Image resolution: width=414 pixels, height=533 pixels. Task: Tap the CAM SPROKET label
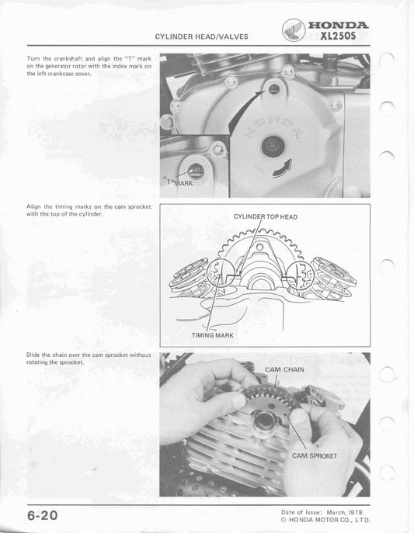(x=314, y=455)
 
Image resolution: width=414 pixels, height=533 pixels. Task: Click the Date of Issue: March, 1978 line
(x=325, y=512)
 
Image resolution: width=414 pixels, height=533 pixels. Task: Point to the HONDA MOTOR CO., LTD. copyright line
(x=325, y=521)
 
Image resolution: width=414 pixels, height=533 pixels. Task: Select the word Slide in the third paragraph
(x=34, y=355)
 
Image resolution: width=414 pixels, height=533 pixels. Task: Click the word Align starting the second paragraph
(x=35, y=207)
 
